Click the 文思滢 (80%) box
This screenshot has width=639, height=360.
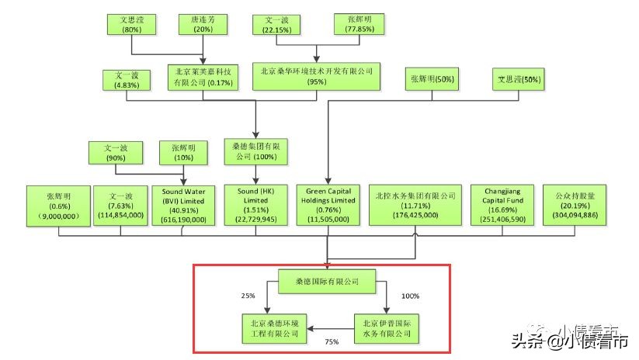click(130, 24)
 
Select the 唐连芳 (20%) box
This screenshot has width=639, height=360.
click(203, 24)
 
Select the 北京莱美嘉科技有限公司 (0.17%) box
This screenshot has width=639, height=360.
click(203, 78)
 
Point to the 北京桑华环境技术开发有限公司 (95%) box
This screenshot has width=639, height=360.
click(318, 77)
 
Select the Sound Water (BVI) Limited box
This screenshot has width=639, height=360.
click(183, 206)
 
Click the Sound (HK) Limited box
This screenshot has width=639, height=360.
click(255, 206)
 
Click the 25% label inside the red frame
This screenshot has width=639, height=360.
click(248, 296)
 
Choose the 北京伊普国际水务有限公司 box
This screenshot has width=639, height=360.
click(387, 327)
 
